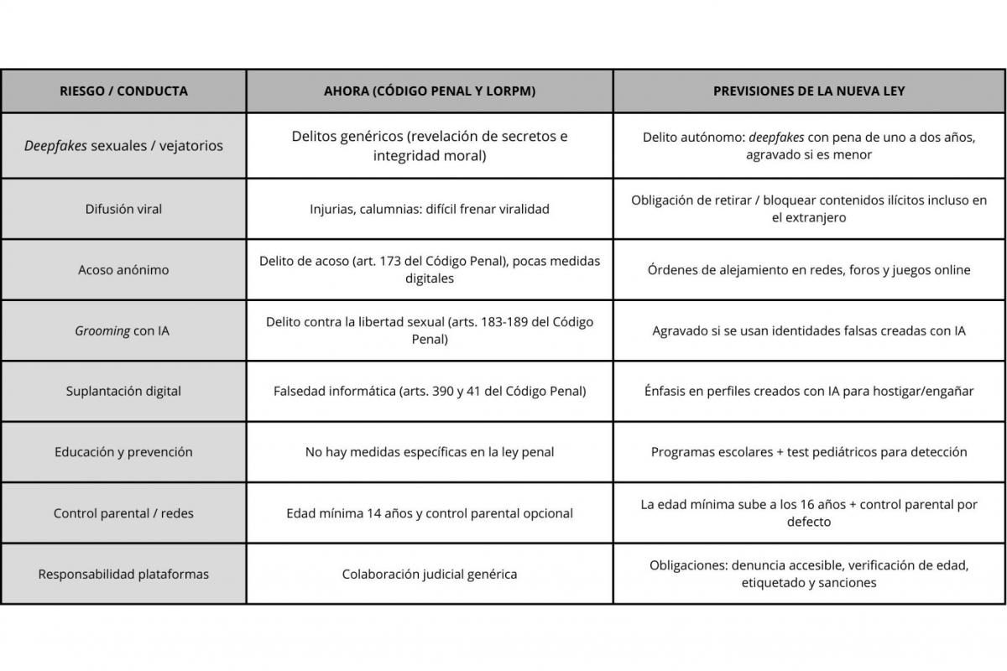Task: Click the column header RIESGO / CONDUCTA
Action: (123, 91)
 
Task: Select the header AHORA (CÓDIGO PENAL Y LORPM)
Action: (430, 91)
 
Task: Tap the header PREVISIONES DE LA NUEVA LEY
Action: (809, 91)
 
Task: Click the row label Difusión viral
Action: (123, 209)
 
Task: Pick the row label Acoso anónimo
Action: (123, 270)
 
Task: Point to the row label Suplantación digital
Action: (123, 391)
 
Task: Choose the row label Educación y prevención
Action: (123, 452)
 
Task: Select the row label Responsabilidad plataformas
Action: (123, 575)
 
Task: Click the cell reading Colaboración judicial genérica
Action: (430, 575)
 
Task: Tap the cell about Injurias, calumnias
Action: (430, 209)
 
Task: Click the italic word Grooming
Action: (102, 330)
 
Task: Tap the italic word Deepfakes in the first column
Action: (55, 146)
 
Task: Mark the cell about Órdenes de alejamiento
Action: (809, 270)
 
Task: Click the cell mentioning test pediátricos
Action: (809, 452)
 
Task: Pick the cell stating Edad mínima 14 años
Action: (430, 513)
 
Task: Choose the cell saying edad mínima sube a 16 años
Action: (809, 513)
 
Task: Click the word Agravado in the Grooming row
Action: (681, 330)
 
